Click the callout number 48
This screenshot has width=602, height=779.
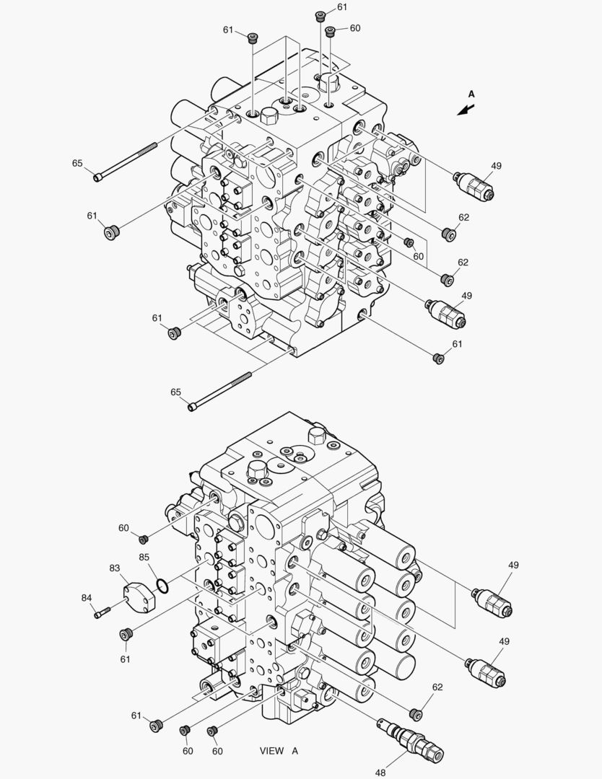click(380, 772)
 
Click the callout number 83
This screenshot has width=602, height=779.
click(115, 568)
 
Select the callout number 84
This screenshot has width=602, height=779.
click(87, 598)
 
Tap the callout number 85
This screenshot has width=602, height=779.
click(144, 557)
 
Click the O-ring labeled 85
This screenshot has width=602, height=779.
click(162, 586)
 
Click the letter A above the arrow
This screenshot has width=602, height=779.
click(471, 94)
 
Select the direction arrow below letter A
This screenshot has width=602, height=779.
click(466, 110)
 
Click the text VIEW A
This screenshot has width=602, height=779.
click(279, 751)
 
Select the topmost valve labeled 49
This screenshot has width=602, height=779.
click(474, 185)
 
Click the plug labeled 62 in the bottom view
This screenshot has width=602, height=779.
click(416, 714)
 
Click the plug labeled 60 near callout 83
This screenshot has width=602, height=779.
click(143, 539)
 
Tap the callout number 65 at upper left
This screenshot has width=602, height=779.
click(77, 163)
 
